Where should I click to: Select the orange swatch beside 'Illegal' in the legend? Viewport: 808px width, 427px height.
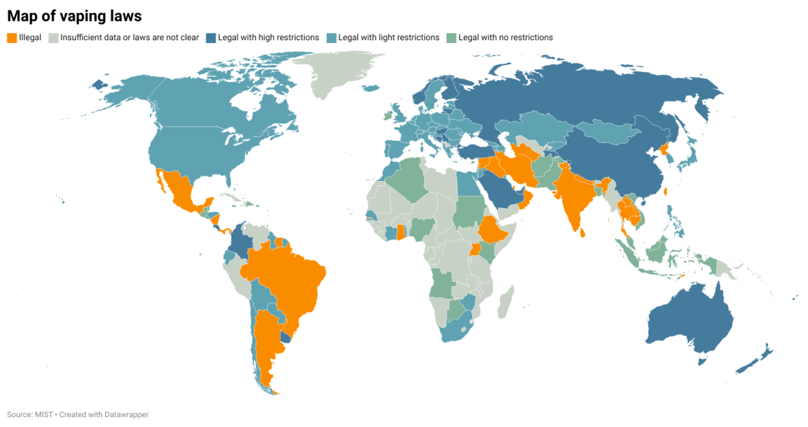point(11,37)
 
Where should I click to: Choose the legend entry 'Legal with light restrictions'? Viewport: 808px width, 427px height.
point(388,37)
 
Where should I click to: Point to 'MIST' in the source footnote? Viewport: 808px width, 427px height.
point(44,414)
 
